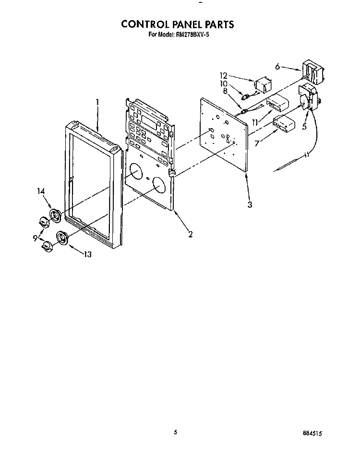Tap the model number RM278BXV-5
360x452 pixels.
tap(192, 35)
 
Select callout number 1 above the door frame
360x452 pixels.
tap(97, 103)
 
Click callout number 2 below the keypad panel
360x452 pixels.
tap(190, 234)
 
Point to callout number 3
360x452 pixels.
tap(250, 204)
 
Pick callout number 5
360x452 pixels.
tap(304, 126)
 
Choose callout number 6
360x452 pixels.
tap(277, 67)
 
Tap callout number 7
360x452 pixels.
tap(257, 143)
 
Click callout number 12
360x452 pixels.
tap(224, 76)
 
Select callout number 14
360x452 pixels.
tap(41, 191)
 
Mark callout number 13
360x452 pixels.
tap(88, 254)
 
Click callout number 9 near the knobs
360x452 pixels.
tap(35, 238)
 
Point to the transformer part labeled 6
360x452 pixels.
tap(313, 72)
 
